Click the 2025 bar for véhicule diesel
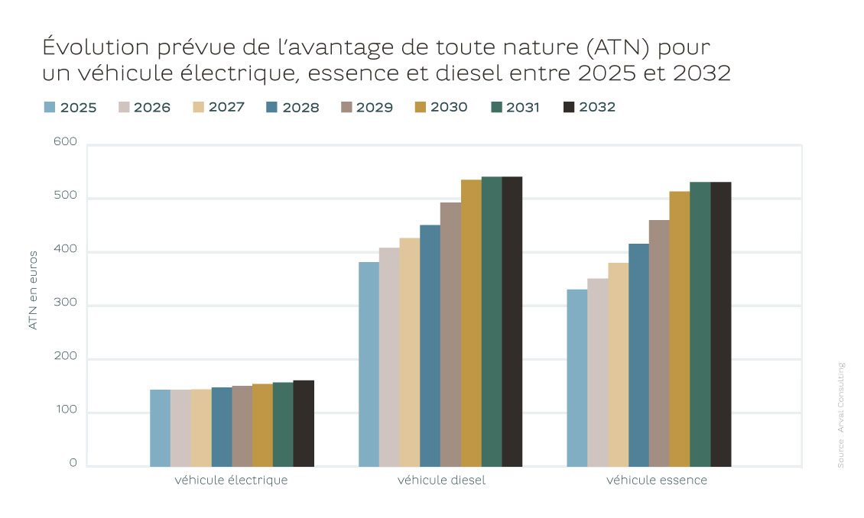(x=369, y=364)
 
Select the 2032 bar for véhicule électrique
(x=304, y=423)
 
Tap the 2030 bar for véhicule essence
(x=679, y=329)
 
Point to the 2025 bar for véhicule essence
(x=577, y=377)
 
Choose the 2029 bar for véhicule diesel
(x=450, y=334)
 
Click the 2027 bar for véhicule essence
(x=618, y=364)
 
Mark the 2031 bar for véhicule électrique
(x=283, y=424)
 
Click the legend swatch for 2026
(x=125, y=107)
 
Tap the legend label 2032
(x=597, y=107)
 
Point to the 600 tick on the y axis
(x=66, y=141)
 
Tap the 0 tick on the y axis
(x=73, y=463)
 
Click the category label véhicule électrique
(x=231, y=481)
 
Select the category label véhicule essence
(x=657, y=481)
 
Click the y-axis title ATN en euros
(x=33, y=290)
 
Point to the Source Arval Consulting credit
(x=840, y=415)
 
